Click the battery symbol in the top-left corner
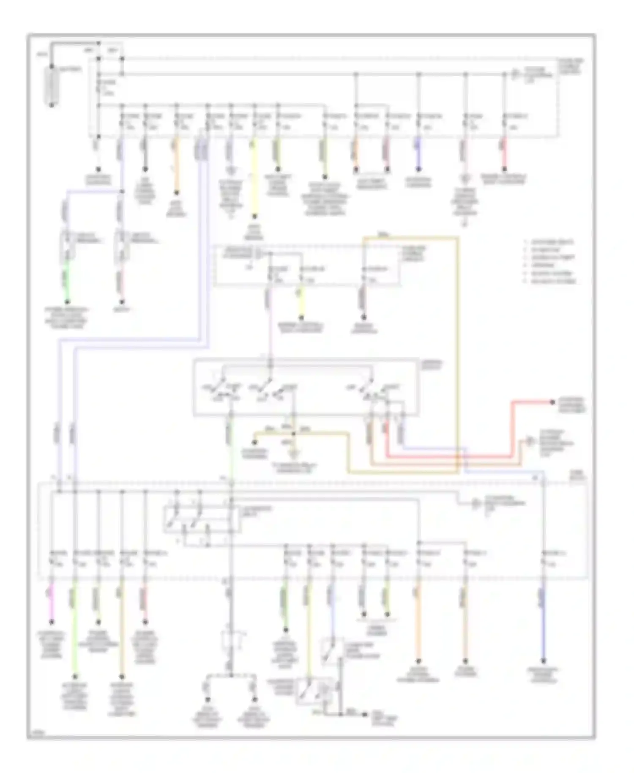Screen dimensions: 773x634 coord(52,85)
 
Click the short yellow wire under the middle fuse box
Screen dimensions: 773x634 coord(301,302)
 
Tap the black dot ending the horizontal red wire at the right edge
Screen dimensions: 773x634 coord(552,402)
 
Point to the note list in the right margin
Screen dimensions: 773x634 coord(549,261)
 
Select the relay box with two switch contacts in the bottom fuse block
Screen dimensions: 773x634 coord(202,518)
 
